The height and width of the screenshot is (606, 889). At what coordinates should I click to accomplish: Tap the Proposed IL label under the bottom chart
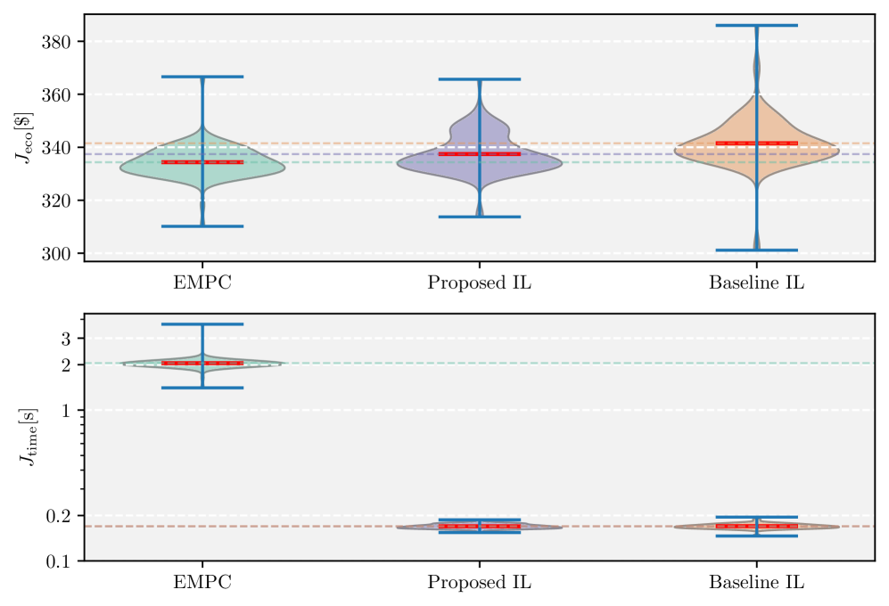pyautogui.click(x=479, y=584)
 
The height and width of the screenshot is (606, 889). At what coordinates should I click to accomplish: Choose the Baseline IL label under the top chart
pyautogui.click(x=756, y=283)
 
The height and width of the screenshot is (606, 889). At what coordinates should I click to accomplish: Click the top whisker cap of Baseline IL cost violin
pyautogui.click(x=756, y=25)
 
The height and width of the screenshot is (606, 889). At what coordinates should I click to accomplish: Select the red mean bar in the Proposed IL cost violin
pyautogui.click(x=479, y=154)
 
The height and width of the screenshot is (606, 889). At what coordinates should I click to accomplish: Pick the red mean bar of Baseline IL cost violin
pyautogui.click(x=756, y=143)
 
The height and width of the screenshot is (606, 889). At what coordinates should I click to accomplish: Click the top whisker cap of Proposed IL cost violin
pyautogui.click(x=479, y=79)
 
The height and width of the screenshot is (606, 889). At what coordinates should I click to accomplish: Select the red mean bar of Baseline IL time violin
pyautogui.click(x=756, y=527)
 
